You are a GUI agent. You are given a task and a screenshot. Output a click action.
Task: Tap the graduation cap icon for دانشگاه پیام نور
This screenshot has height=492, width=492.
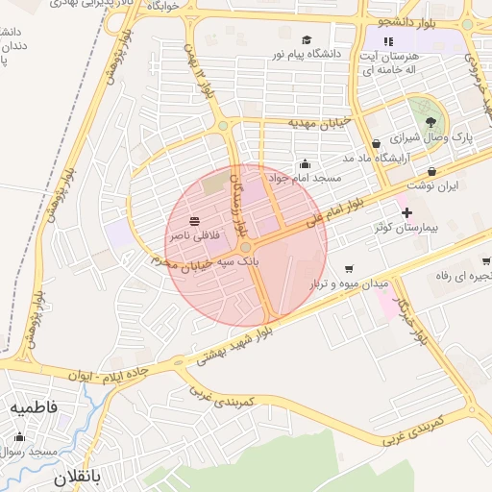tap(307, 39)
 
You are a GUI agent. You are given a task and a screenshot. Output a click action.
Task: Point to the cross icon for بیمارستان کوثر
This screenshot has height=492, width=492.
tap(406, 211)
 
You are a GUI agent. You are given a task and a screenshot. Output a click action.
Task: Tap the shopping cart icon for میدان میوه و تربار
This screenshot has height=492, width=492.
tap(349, 268)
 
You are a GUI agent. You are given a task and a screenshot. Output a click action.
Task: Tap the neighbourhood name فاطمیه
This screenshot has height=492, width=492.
tap(34, 407)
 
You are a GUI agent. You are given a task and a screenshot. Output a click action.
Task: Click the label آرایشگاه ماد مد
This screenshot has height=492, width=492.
tap(379, 157)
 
